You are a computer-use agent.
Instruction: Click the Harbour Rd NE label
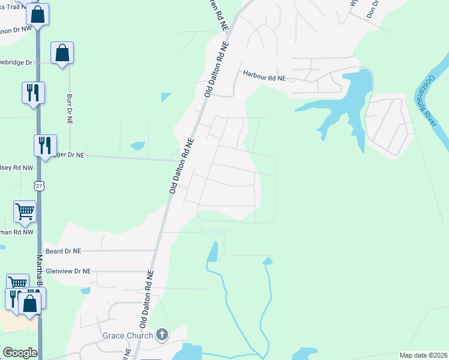click(265, 75)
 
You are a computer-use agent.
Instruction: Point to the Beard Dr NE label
click(63, 250)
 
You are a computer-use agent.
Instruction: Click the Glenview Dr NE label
click(68, 271)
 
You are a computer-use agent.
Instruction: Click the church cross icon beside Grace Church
click(161, 335)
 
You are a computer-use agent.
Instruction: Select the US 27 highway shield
click(39, 187)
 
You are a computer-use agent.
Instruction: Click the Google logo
click(20, 353)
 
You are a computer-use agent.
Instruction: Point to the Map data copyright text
click(423, 355)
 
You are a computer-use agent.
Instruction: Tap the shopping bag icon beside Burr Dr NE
click(62, 53)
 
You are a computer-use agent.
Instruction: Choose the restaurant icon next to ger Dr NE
click(45, 146)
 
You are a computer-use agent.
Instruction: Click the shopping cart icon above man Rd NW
click(25, 211)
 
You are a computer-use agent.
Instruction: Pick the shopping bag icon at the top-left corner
click(37, 14)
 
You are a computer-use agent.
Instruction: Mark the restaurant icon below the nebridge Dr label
click(33, 93)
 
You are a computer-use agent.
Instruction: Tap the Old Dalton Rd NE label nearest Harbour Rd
click(217, 69)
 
